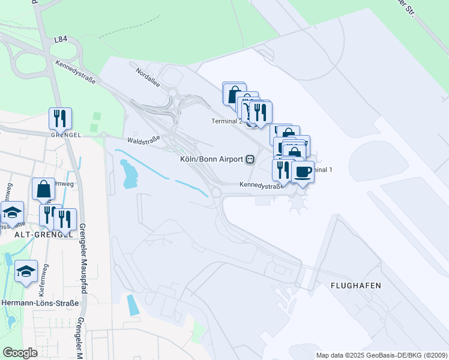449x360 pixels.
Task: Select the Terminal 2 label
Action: [227, 121]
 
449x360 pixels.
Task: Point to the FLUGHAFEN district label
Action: [356, 286]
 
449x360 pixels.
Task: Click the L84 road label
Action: [61, 40]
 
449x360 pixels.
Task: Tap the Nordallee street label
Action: [148, 78]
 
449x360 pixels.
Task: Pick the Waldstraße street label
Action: [143, 140]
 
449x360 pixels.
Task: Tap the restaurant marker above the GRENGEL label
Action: [60, 118]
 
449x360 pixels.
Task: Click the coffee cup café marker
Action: [302, 172]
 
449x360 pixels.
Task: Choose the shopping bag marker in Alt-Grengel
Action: [44, 189]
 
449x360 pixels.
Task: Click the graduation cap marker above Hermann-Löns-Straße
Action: [26, 271]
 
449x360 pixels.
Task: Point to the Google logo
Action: [20, 353]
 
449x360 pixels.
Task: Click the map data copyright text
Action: [382, 355]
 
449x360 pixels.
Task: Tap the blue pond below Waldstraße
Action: [128, 173]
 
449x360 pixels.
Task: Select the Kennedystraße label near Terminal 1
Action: [261, 186]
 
